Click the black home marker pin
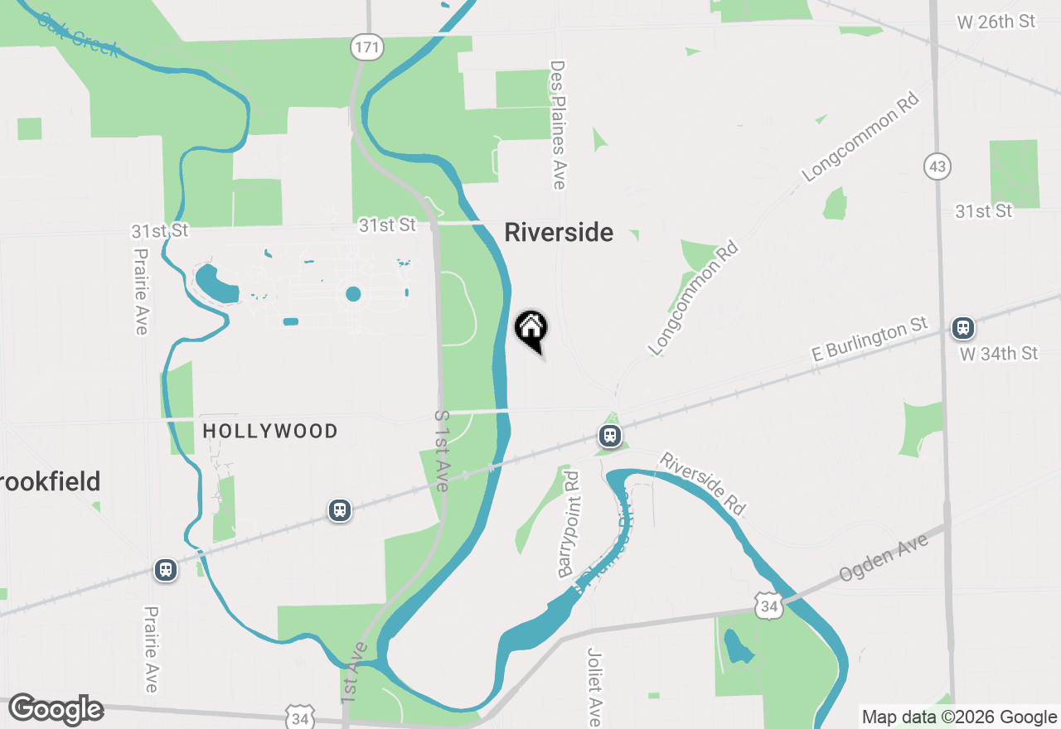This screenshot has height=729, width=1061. (x=531, y=329)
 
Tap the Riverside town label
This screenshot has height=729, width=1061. (x=559, y=233)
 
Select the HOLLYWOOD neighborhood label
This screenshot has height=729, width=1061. (x=270, y=431)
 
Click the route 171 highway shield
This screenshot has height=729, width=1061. (x=366, y=47)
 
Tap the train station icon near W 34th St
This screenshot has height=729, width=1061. (x=962, y=328)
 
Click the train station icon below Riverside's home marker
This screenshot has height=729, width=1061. (x=610, y=436)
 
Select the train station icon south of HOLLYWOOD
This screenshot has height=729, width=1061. (x=339, y=510)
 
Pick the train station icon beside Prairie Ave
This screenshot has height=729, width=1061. (x=166, y=570)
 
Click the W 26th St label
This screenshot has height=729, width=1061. (x=996, y=22)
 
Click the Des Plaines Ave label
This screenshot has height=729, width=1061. (x=558, y=124)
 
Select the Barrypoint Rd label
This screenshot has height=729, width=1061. (x=569, y=524)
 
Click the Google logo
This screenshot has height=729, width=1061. (x=56, y=710)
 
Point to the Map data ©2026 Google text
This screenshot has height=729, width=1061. (x=959, y=717)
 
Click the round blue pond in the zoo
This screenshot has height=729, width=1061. (x=353, y=293)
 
